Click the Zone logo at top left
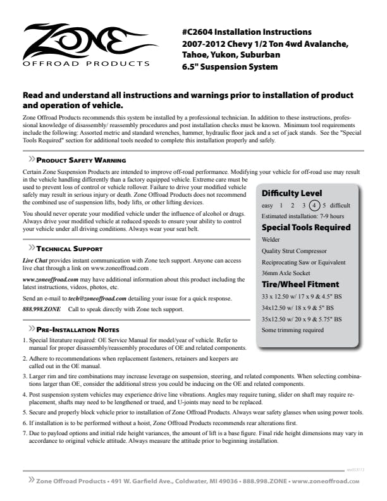pos(86,45)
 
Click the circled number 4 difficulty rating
pos(315,206)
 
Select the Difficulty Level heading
pos(292,194)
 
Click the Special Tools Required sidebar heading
pos(305,228)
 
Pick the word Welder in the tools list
pos(271,240)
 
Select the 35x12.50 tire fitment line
pos(302,319)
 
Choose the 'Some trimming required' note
pos(292,330)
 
